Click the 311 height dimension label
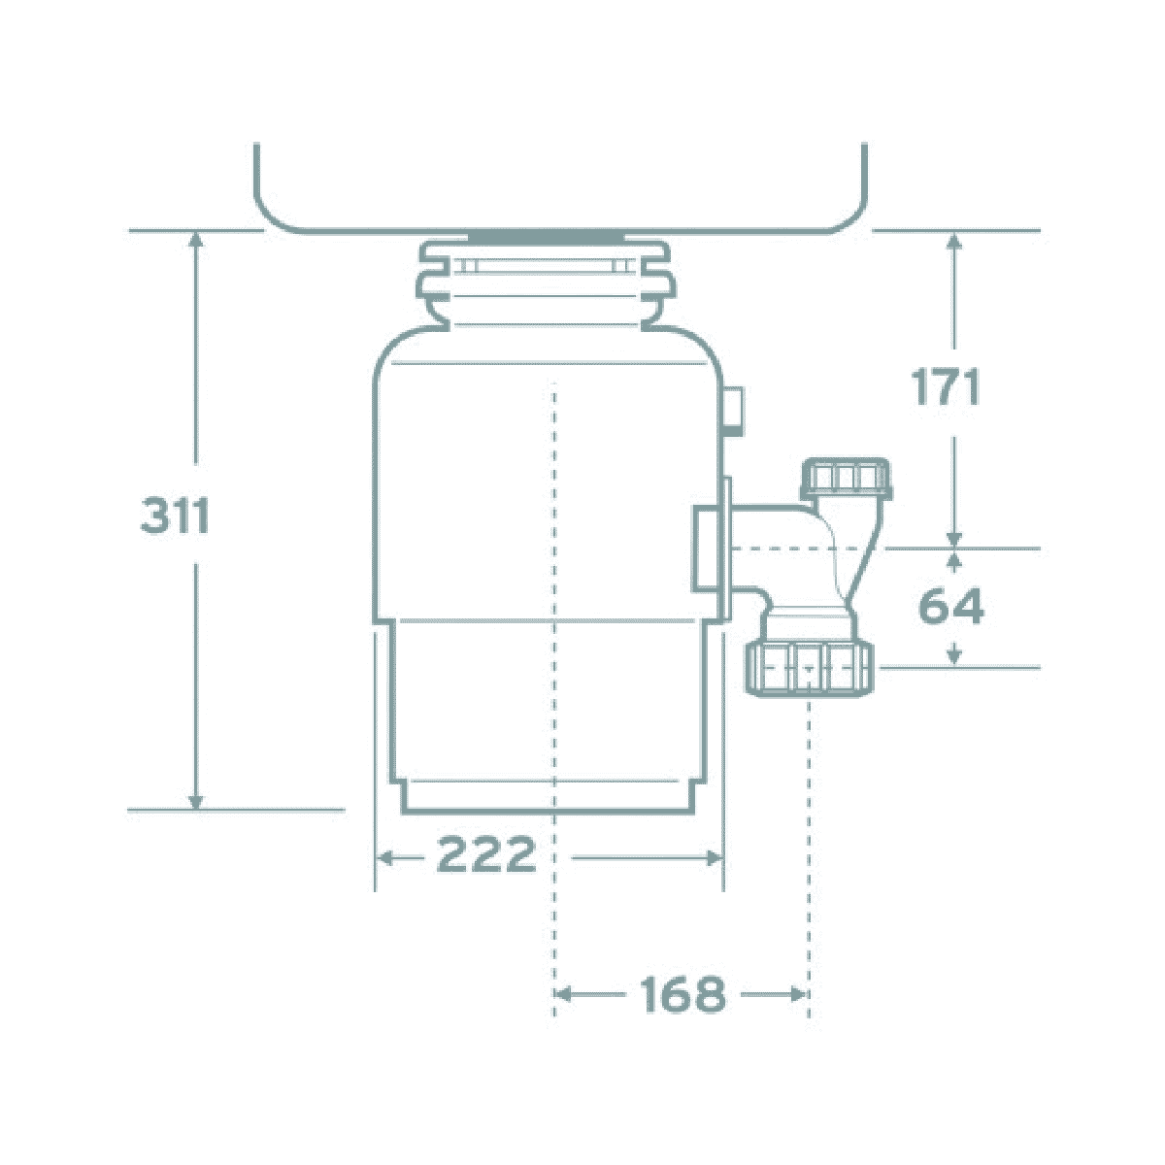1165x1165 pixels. click(x=176, y=516)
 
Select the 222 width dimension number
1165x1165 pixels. click(x=486, y=855)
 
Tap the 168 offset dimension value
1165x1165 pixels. click(x=682, y=993)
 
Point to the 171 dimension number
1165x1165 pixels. click(x=946, y=388)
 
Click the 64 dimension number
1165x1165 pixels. click(x=951, y=607)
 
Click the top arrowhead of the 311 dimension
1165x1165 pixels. click(x=197, y=239)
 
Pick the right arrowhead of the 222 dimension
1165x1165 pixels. click(x=716, y=857)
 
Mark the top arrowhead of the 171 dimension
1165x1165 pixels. click(x=954, y=239)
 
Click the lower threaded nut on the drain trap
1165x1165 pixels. click(x=811, y=669)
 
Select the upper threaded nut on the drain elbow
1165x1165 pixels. click(x=844, y=479)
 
